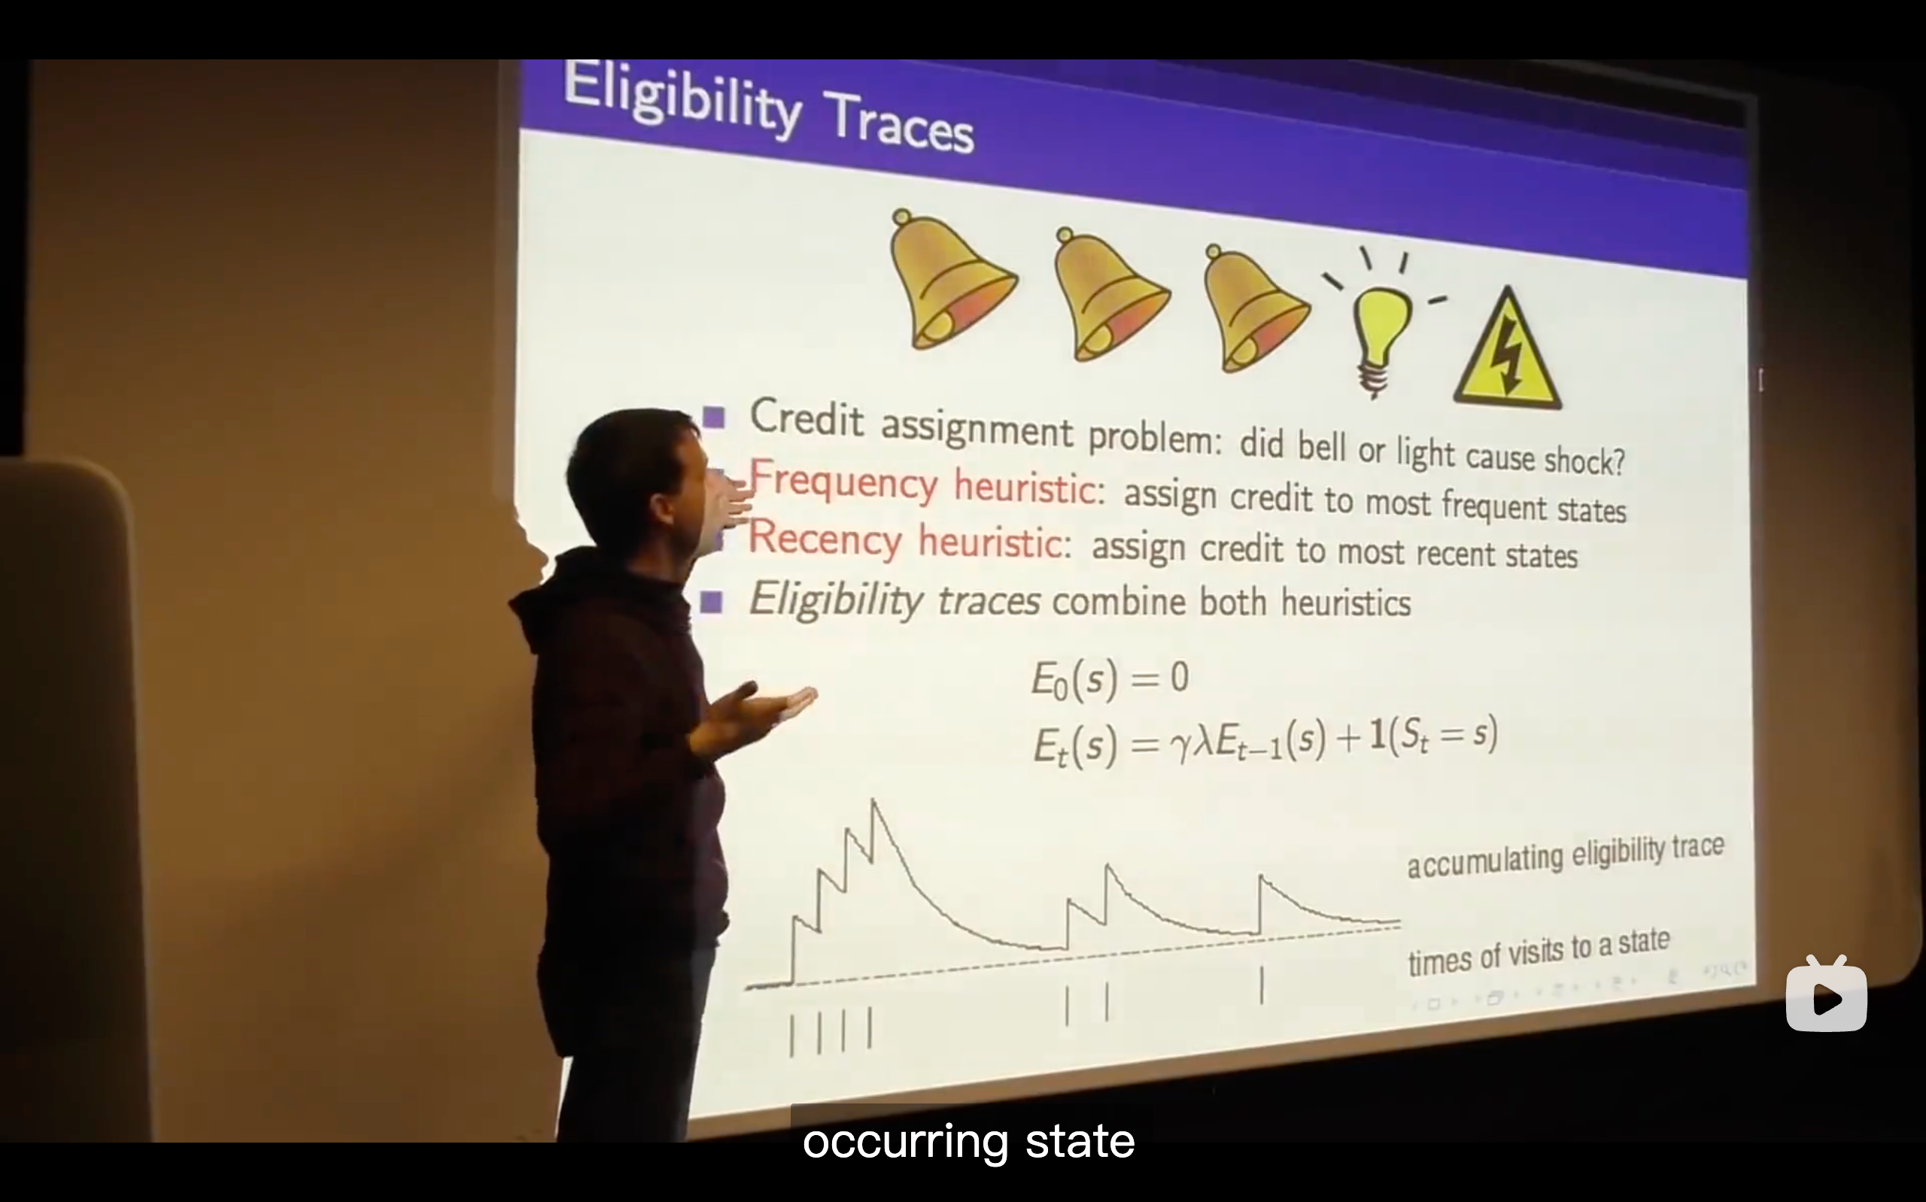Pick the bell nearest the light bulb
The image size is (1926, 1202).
1253,310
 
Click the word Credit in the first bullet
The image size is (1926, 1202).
806,417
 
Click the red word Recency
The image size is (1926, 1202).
825,537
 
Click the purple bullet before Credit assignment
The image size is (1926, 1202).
713,417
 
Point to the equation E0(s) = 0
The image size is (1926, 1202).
1110,680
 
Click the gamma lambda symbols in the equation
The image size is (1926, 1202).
1190,744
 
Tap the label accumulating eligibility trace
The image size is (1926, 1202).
1565,855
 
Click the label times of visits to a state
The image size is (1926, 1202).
1538,952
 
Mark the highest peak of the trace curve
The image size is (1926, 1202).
873,800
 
